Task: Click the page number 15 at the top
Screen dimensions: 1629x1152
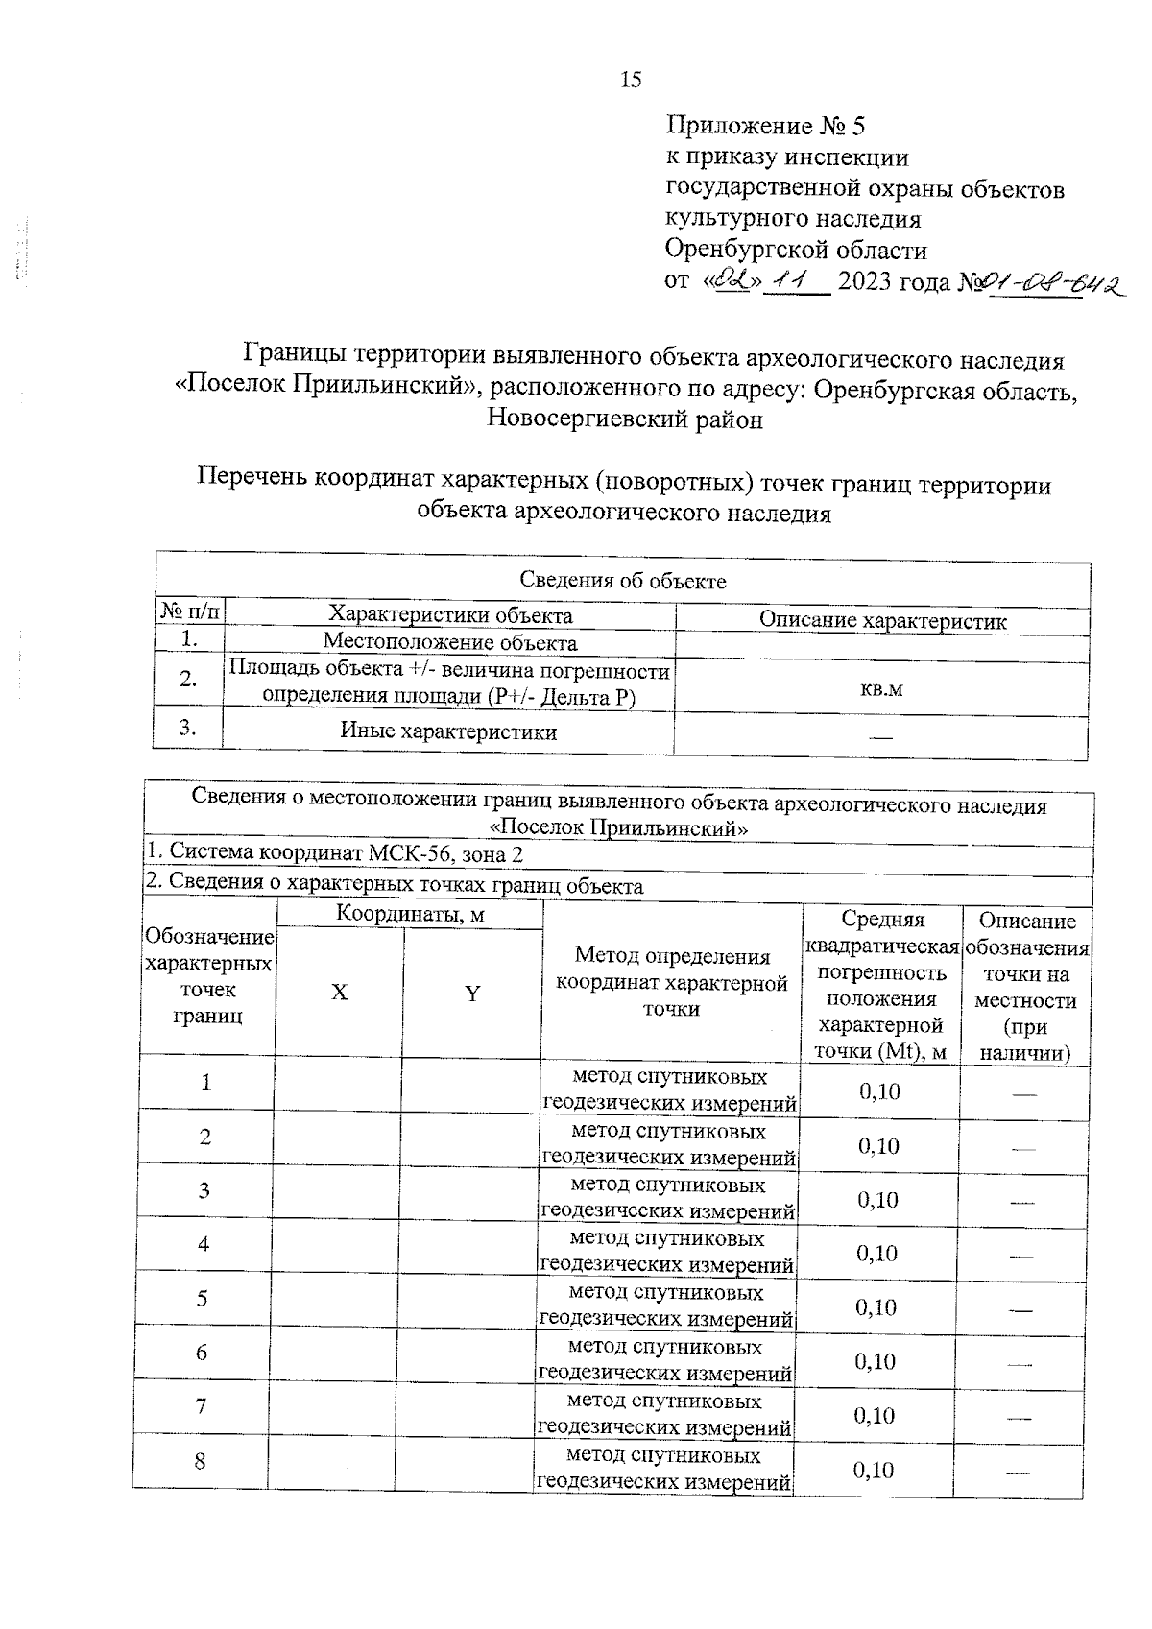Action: coord(631,80)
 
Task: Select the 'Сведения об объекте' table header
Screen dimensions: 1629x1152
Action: coord(622,580)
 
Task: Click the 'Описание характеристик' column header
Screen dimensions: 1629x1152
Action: coord(882,620)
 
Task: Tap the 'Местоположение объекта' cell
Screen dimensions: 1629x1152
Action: coord(449,642)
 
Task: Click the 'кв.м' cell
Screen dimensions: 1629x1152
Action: coord(881,688)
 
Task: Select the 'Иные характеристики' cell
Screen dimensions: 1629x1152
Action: coord(448,731)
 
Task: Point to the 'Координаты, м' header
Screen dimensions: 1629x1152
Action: coord(410,915)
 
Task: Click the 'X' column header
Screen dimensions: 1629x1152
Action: coord(339,993)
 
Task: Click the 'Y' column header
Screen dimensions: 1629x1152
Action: coord(471,994)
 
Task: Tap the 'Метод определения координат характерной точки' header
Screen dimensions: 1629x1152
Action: coord(671,981)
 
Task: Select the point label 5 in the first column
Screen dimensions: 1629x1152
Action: coord(202,1299)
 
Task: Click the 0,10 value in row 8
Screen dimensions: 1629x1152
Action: coord(874,1470)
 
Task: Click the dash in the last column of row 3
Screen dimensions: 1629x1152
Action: coord(1022,1201)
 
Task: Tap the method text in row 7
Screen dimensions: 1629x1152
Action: coord(664,1415)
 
